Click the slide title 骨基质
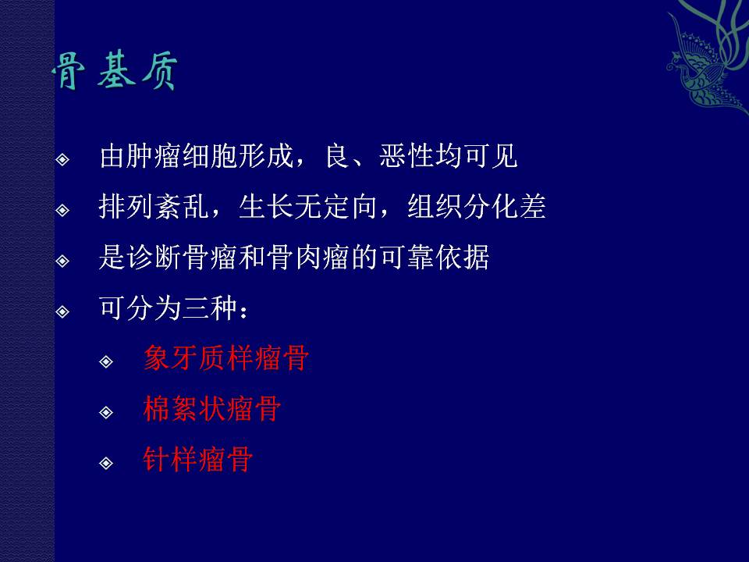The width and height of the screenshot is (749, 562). [115, 71]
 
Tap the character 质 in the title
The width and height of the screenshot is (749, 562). [159, 71]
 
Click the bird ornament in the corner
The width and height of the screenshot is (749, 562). [708, 57]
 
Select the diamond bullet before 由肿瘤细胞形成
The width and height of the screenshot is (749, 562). [62, 159]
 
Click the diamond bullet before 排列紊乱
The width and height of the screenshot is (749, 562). [62, 210]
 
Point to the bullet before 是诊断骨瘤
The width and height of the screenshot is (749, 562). [62, 261]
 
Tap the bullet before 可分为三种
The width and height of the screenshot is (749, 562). [62, 311]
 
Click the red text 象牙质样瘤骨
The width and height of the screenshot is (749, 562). [226, 357]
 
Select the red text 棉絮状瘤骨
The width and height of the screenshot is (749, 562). [212, 408]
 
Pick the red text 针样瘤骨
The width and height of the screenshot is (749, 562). [197, 459]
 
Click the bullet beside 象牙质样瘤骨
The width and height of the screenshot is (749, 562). [106, 361]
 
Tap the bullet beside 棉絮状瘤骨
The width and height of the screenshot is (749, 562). [106, 412]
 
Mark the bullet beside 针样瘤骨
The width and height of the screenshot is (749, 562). [106, 463]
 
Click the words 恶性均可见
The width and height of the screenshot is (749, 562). [449, 156]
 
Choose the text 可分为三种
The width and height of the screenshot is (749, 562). [169, 308]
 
